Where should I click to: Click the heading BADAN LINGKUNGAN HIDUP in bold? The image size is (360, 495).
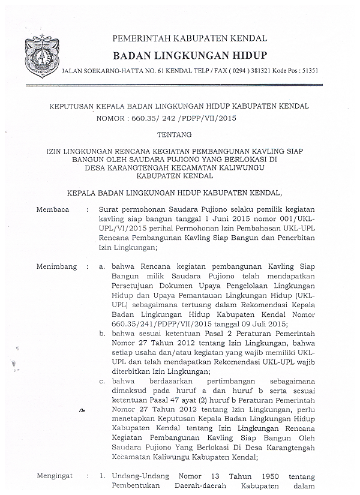pyautogui.click(x=190, y=56)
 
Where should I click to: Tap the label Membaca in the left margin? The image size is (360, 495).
pyautogui.click(x=53, y=211)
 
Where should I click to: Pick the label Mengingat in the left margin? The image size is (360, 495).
pyautogui.click(x=56, y=475)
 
